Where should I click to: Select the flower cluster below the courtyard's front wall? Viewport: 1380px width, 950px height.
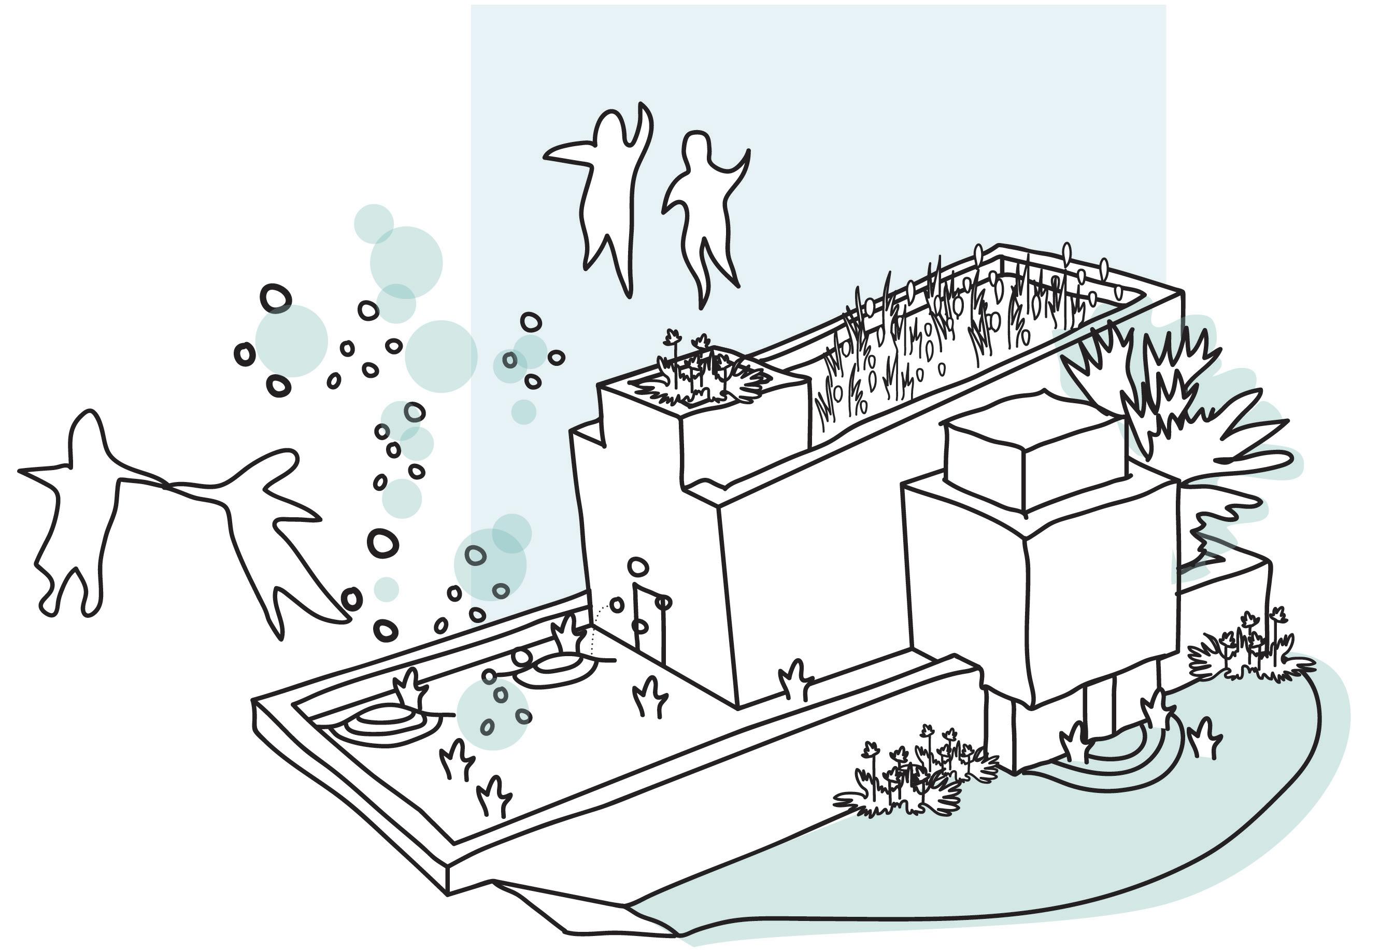coord(910,774)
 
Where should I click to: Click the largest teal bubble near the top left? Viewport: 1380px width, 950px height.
coord(406,262)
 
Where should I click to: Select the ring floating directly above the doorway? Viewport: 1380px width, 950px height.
coord(637,565)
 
